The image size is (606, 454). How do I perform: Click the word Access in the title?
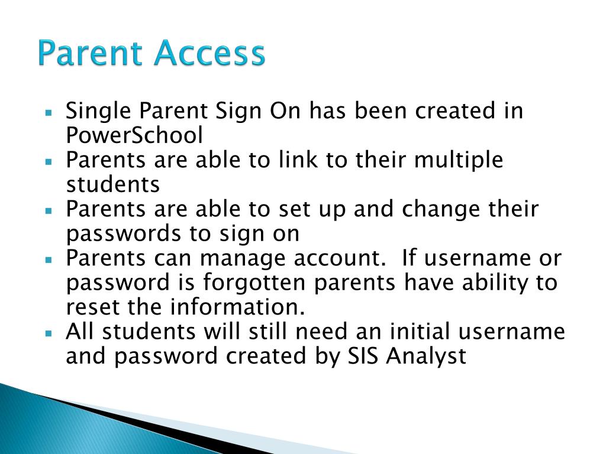pyautogui.click(x=208, y=54)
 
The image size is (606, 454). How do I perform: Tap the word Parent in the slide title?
pyautogui.click(x=91, y=54)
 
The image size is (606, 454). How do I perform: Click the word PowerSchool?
pyautogui.click(x=134, y=136)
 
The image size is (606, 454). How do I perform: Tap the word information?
pyautogui.click(x=237, y=307)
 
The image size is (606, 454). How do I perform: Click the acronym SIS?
pyautogui.click(x=361, y=356)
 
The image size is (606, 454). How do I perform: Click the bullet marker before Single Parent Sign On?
pyautogui.click(x=50, y=111)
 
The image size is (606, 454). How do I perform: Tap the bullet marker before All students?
pyautogui.click(x=50, y=333)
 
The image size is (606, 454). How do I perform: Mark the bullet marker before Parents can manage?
pyautogui.click(x=50, y=259)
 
